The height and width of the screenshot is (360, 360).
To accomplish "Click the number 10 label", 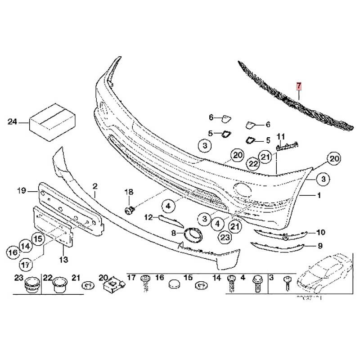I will click(x=320, y=232).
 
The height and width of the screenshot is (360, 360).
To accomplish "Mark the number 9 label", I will click(x=320, y=246).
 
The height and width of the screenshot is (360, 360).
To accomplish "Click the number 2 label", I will click(x=95, y=185).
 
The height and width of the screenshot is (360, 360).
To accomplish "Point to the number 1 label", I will click(x=319, y=196).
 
